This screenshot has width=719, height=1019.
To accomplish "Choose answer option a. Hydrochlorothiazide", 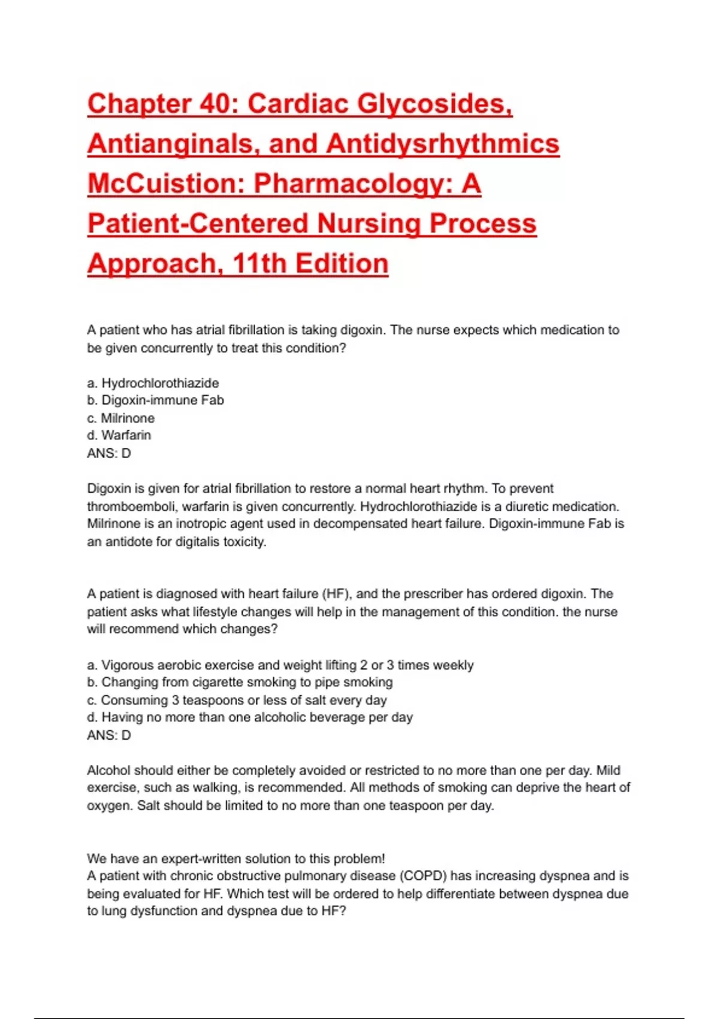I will (153, 383).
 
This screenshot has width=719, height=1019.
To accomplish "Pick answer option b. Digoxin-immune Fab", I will (155, 400).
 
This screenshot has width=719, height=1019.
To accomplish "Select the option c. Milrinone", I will (120, 418).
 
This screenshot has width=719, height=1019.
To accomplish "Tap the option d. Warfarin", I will (119, 435).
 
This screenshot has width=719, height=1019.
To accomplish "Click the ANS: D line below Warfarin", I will (108, 453).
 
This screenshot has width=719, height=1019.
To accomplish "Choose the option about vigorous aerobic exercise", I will (280, 665).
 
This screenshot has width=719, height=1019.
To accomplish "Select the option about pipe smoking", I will (240, 682).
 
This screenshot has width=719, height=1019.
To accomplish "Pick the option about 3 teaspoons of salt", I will (237, 700).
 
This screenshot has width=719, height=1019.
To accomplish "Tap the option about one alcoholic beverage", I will (250, 717).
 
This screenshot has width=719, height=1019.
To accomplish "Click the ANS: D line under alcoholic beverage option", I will (108, 735).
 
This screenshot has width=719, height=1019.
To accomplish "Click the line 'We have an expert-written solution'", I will (235, 858).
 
